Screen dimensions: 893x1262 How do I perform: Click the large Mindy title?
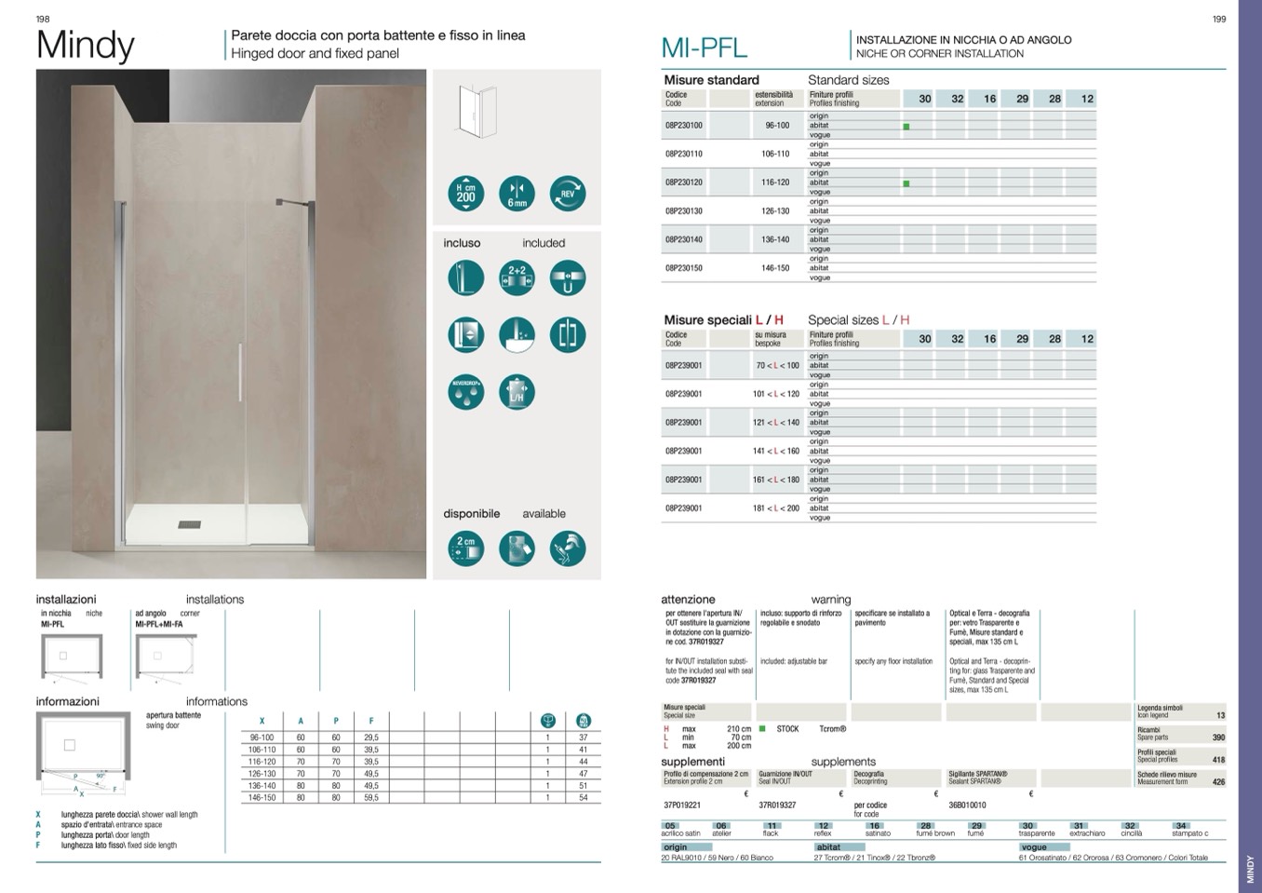click(86, 46)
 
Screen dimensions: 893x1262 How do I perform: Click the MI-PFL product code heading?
click(704, 47)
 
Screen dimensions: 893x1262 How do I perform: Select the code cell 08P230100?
click(684, 125)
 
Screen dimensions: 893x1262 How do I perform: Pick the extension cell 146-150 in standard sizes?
click(775, 268)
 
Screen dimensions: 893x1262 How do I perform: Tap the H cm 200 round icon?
click(465, 193)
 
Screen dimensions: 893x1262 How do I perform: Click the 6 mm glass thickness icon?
click(517, 193)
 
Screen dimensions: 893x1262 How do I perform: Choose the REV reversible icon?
click(568, 193)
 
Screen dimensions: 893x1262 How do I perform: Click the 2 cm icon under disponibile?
click(465, 548)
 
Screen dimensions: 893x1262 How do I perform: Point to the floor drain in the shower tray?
click(189, 524)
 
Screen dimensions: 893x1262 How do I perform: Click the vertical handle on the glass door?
click(240, 372)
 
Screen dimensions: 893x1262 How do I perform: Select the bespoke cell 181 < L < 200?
click(776, 508)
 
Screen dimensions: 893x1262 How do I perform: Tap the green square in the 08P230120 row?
click(906, 183)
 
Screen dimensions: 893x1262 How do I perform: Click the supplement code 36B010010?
click(967, 805)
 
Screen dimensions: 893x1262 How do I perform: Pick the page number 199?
click(1219, 19)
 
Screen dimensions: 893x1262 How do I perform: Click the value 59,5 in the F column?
click(370, 798)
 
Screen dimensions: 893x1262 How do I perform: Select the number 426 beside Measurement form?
click(1218, 782)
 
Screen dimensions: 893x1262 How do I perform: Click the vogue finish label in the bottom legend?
click(1034, 847)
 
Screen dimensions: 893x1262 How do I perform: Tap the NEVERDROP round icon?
click(465, 392)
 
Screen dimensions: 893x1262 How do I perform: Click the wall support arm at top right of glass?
click(288, 202)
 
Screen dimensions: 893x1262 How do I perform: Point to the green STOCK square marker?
click(762, 729)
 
